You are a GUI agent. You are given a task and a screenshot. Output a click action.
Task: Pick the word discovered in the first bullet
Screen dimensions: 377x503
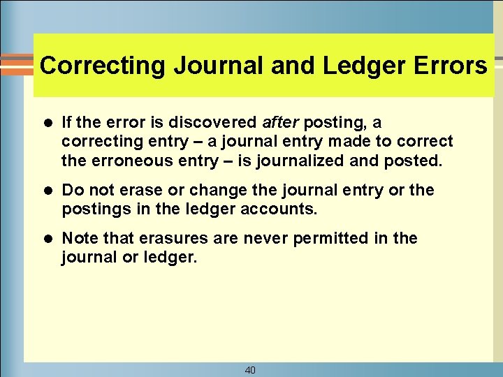point(216,123)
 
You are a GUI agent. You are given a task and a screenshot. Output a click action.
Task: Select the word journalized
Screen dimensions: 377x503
point(302,161)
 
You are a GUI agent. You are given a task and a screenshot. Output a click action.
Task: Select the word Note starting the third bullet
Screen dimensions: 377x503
point(78,238)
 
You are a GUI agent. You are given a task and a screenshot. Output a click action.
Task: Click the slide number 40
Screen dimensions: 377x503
point(250,370)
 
